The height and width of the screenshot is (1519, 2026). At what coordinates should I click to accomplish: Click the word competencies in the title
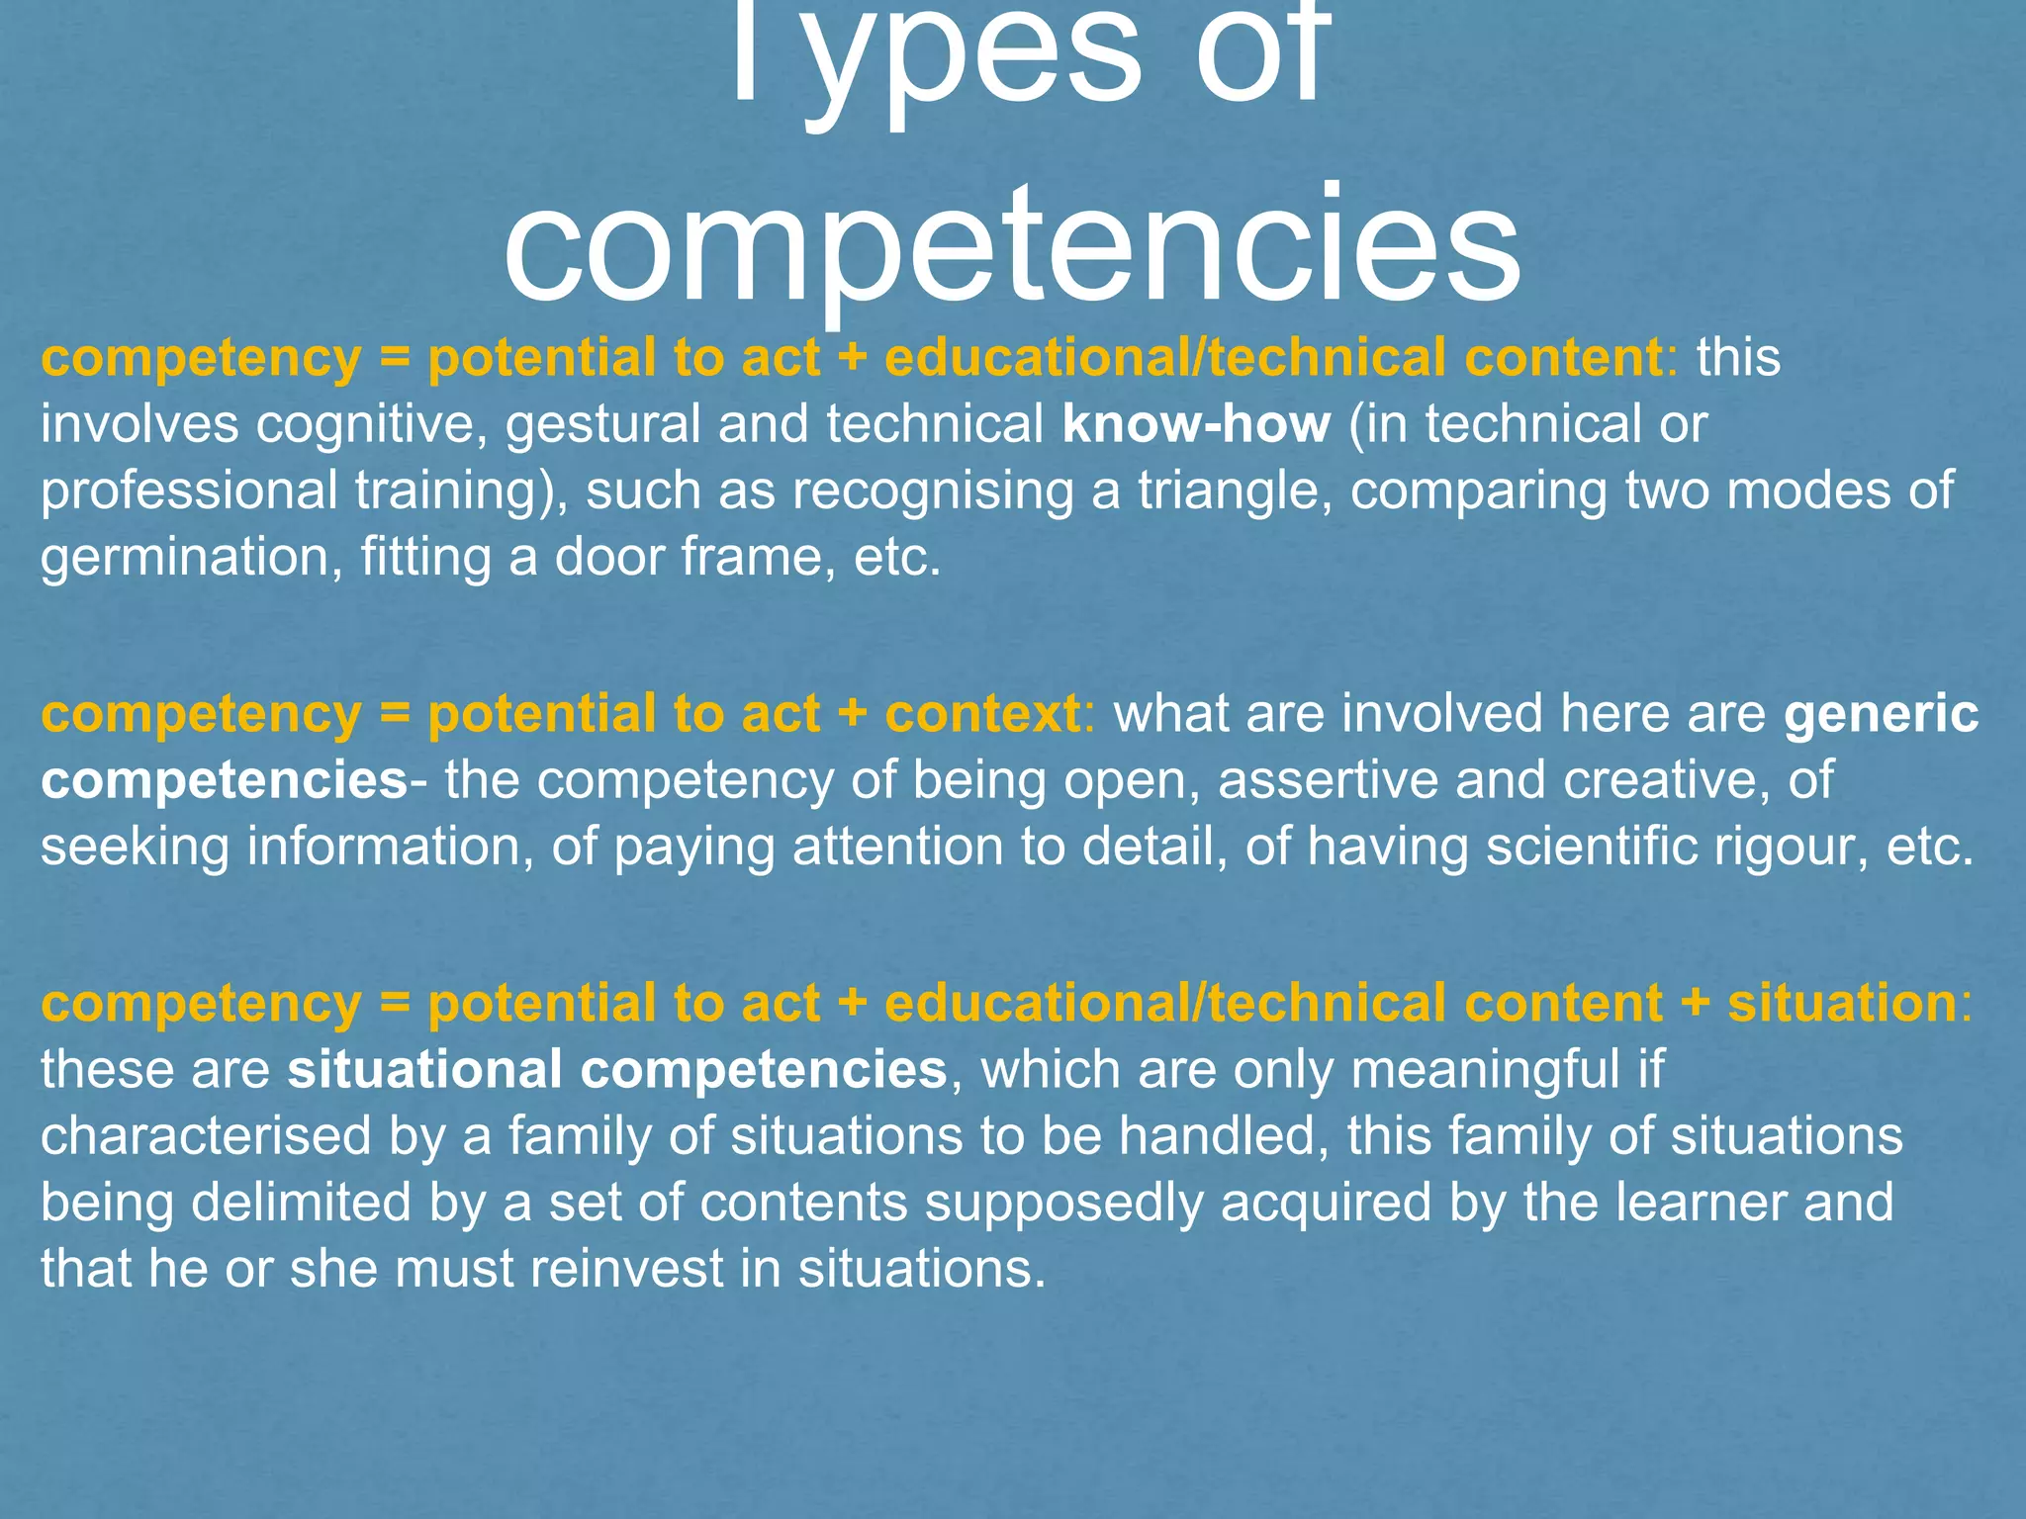click(x=1011, y=245)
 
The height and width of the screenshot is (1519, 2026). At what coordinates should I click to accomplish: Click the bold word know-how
click(x=1196, y=423)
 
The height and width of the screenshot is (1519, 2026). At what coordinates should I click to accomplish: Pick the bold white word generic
click(x=1881, y=714)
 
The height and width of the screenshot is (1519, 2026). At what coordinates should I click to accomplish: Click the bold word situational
click(x=424, y=1070)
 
